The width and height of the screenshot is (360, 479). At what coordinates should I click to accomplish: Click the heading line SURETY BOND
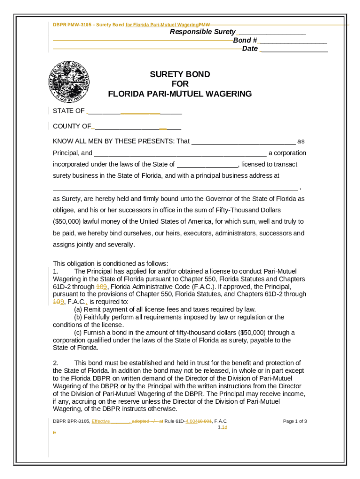point(180,74)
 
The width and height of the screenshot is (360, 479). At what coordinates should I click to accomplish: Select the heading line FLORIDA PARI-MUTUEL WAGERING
point(180,94)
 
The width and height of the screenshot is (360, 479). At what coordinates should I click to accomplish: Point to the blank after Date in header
point(294,49)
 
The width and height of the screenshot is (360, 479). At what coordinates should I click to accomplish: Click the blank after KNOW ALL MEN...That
point(244,142)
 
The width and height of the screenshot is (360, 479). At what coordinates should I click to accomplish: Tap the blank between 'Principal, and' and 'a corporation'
point(180,153)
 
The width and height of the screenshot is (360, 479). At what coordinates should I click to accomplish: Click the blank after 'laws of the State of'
point(208,165)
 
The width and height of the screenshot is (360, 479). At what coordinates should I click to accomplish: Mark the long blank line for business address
point(175,188)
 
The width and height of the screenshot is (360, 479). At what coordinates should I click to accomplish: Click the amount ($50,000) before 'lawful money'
point(67,222)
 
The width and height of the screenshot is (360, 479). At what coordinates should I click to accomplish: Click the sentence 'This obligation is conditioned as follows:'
point(110,263)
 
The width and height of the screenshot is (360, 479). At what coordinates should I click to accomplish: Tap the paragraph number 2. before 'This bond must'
point(55,363)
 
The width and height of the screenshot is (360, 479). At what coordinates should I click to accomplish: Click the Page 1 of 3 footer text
point(295,421)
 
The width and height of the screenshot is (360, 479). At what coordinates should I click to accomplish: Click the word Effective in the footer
point(101,421)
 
